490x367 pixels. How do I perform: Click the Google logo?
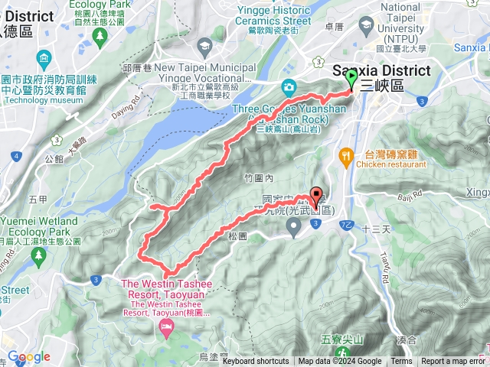[x=28, y=357]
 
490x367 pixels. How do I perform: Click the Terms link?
[x=401, y=362]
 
